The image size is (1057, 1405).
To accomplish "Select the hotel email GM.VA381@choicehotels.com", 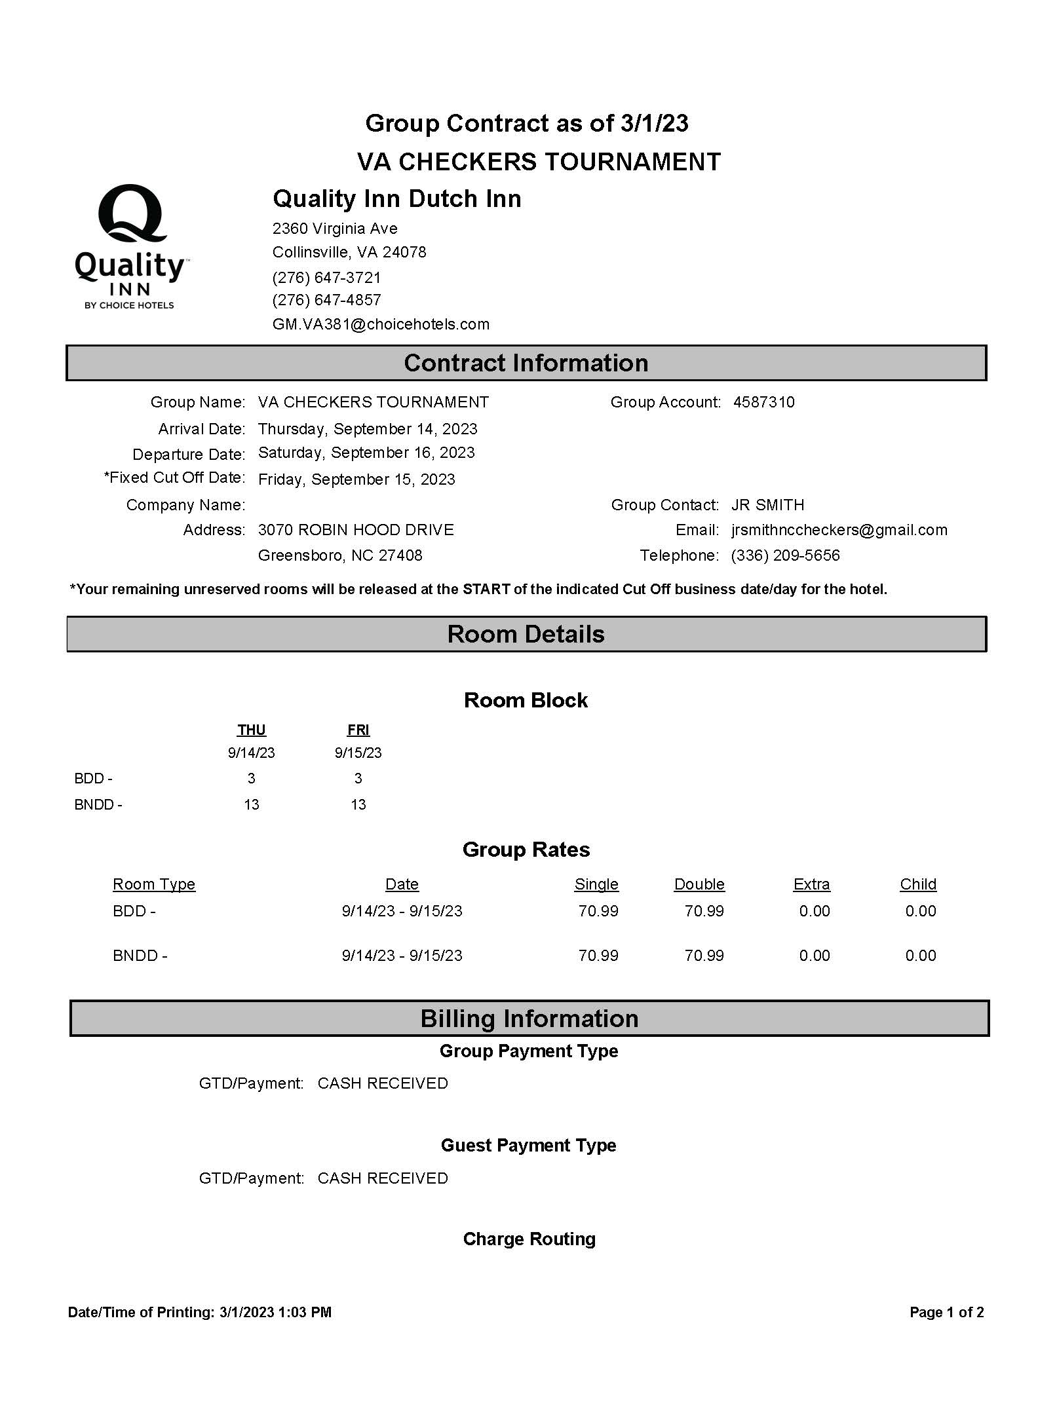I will pos(381,324).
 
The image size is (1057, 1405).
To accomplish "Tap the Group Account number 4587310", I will pos(763,402).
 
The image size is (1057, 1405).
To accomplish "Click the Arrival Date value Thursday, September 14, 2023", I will pos(368,429).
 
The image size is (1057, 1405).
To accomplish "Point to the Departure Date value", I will pos(366,453).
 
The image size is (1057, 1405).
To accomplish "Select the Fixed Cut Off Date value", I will pos(356,479).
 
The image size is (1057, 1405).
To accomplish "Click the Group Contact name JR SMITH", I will pos(767,505).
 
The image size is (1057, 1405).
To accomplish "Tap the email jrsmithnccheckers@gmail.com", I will pos(839,530).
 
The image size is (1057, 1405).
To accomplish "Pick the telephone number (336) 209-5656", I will pos(785,555).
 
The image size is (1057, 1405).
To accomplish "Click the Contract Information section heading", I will pos(526,363).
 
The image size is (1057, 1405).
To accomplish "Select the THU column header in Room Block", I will pos(251,730).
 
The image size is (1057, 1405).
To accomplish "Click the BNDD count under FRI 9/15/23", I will pos(358,804).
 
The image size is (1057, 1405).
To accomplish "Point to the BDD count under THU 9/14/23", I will pos(251,778).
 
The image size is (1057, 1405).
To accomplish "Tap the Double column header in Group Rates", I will pos(699,884).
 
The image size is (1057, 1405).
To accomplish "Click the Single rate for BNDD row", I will pos(598,956).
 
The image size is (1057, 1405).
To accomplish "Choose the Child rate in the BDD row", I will pos(920,911).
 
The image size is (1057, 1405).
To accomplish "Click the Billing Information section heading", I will pos(529,1019).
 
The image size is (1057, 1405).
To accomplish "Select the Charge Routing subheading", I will pos(529,1239).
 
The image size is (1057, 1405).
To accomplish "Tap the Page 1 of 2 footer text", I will pos(946,1312).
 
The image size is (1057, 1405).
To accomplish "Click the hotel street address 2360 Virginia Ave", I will pos(335,229).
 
